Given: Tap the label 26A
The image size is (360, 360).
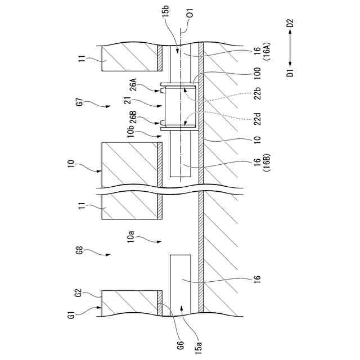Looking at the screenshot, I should tap(133, 84).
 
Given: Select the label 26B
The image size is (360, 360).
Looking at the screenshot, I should tap(133, 119).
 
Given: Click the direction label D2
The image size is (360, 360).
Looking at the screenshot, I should tap(290, 24).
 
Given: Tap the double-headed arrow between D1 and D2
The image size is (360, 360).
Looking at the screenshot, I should tap(290, 48).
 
